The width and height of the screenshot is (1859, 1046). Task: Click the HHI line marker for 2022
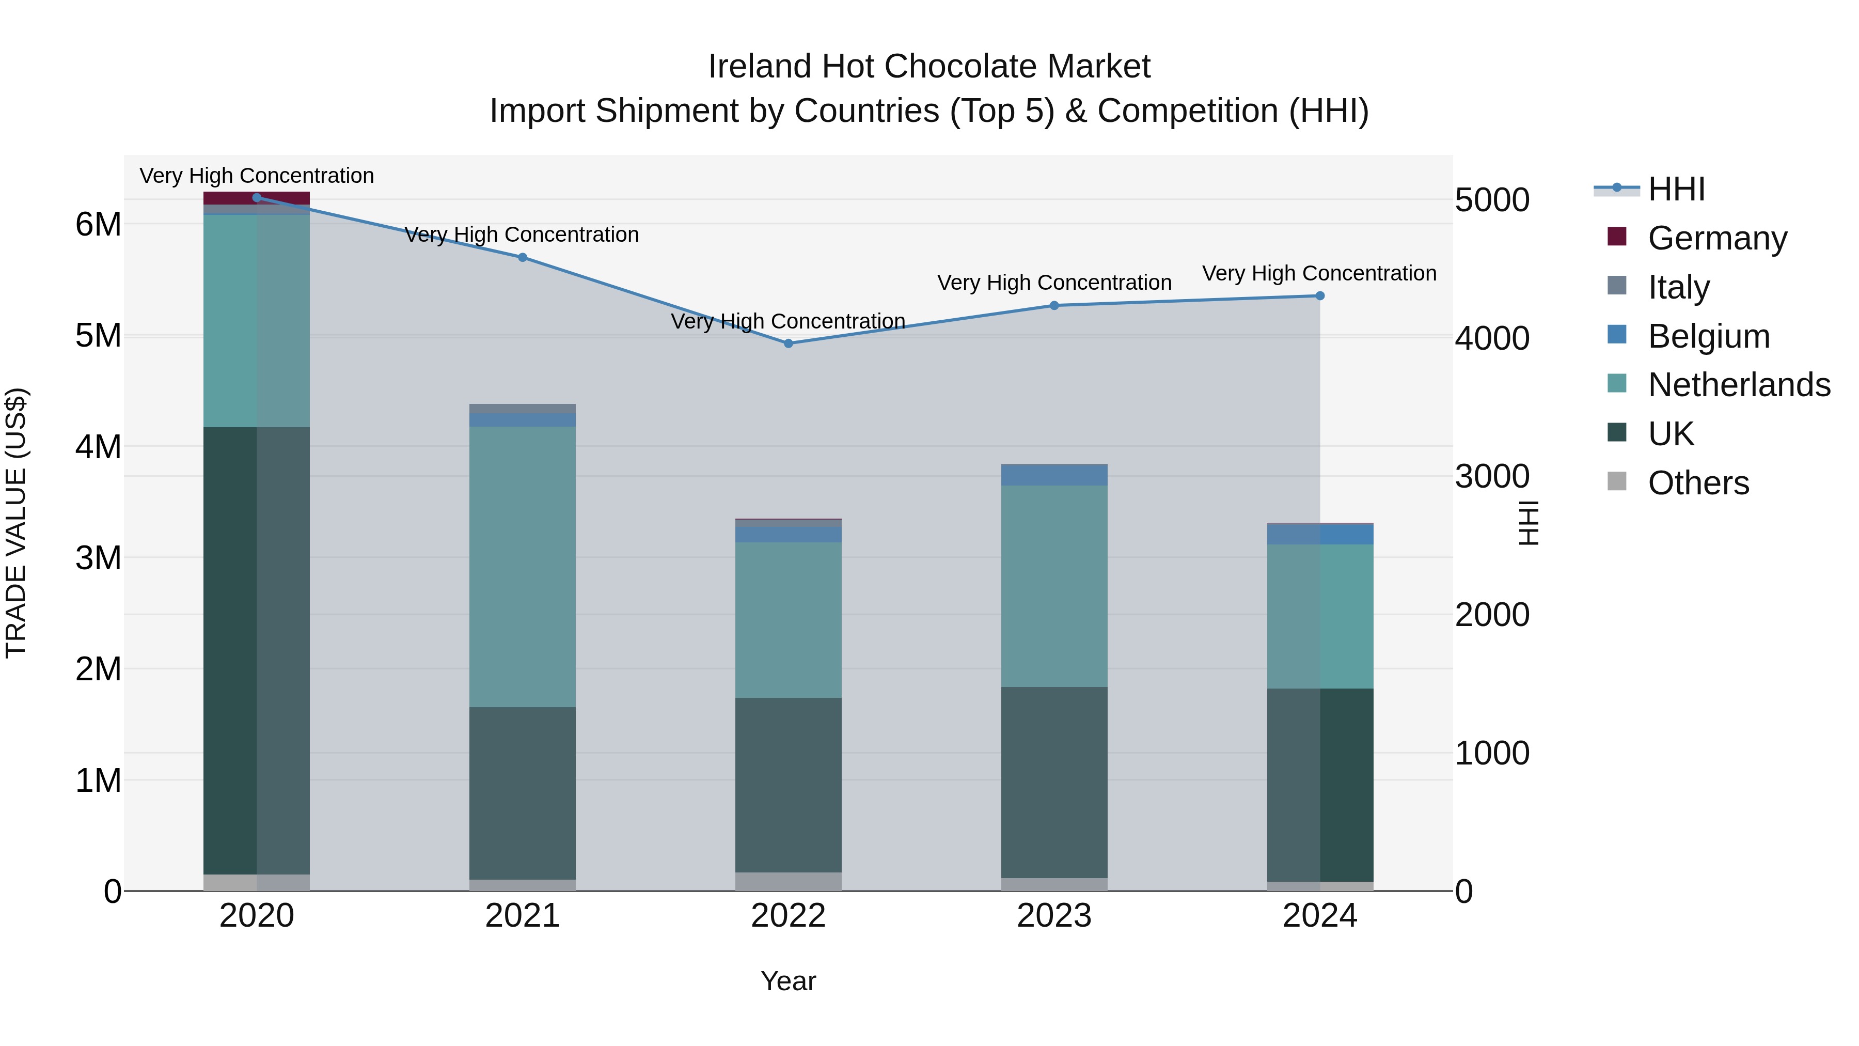tap(788, 344)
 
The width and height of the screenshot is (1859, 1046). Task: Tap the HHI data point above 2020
tap(257, 197)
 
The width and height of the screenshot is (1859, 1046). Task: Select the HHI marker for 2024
tap(1320, 295)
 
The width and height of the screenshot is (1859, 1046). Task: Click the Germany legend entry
tap(1717, 238)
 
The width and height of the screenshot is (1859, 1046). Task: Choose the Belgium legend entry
tap(1708, 336)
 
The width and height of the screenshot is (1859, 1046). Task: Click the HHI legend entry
tap(1676, 189)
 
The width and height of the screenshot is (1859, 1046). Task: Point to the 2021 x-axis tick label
tap(523, 916)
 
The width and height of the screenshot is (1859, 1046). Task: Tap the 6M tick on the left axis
tap(98, 225)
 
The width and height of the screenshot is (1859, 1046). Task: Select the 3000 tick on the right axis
tap(1492, 476)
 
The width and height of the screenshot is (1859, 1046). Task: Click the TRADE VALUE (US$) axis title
tap(16, 523)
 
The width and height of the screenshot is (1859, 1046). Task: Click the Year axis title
tap(788, 981)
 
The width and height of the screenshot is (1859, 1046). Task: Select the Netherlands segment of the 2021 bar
tap(523, 567)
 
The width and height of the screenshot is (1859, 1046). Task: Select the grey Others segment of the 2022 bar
tap(788, 881)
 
